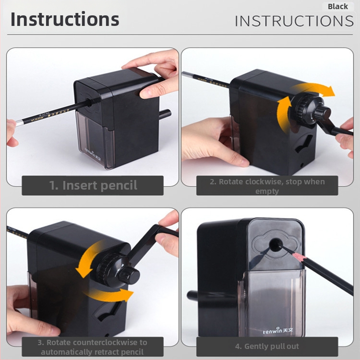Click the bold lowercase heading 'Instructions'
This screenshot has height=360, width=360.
pyautogui.click(x=65, y=19)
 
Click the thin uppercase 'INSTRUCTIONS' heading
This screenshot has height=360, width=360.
pyautogui.click(x=294, y=21)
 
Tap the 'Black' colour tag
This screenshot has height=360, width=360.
pyautogui.click(x=338, y=6)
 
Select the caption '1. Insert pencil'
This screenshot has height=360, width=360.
pyautogui.click(x=93, y=185)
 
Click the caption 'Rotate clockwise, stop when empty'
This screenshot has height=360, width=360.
pyautogui.click(x=267, y=186)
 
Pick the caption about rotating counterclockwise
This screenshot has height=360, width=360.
pyautogui.click(x=92, y=347)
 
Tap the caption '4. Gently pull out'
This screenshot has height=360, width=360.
pyautogui.click(x=267, y=346)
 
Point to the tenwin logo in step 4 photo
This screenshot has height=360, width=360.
pyautogui.click(x=278, y=331)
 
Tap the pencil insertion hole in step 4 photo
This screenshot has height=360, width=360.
pyautogui.click(x=276, y=245)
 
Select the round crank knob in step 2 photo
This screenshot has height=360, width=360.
pyautogui.click(x=322, y=112)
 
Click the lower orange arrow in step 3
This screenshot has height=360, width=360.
pyautogui.click(x=108, y=296)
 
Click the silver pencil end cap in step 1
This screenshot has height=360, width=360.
pyautogui.click(x=20, y=123)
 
